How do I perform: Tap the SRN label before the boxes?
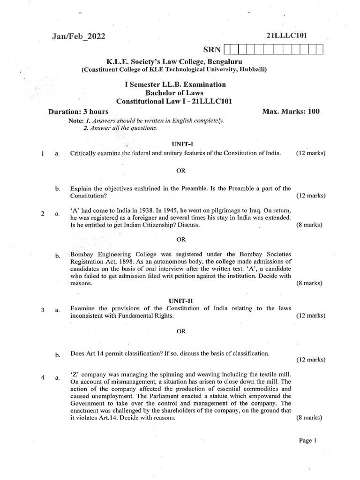click(x=212, y=50)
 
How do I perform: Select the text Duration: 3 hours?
click(x=79, y=112)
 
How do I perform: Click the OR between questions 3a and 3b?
click(x=181, y=331)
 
